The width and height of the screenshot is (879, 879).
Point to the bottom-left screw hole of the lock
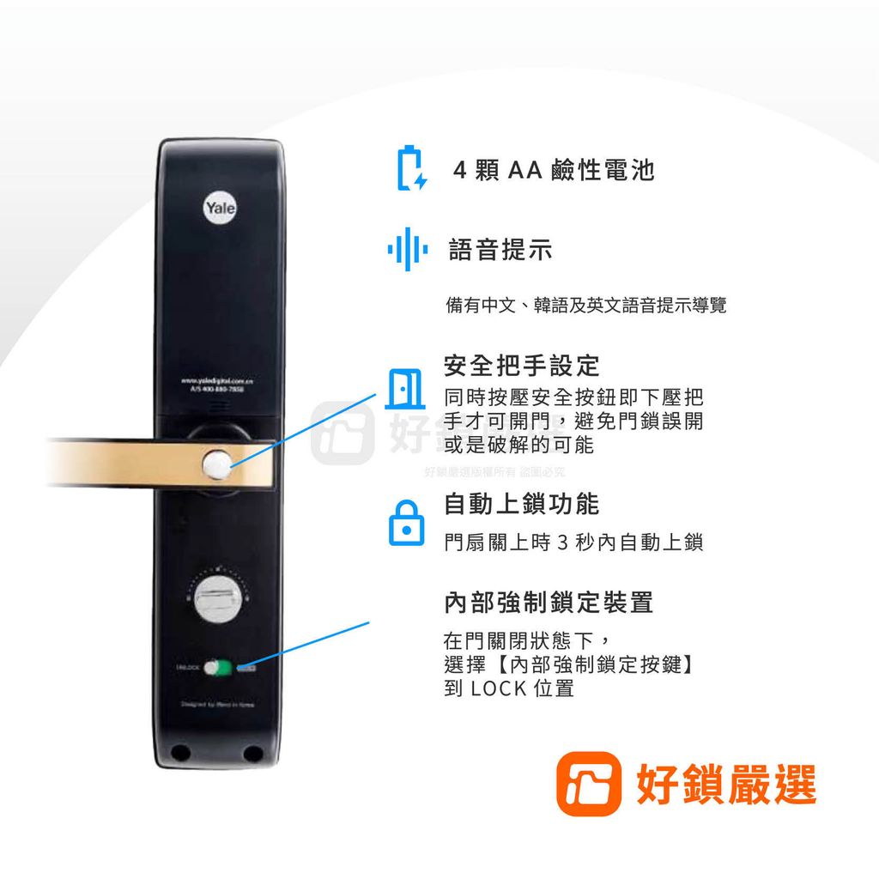(179, 753)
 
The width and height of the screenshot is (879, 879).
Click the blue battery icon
(410, 168)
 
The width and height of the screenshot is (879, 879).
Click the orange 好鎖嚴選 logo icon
(588, 783)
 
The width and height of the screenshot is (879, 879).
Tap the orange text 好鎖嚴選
(725, 784)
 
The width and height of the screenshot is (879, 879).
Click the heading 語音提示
(500, 251)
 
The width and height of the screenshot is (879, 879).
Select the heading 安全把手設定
(521, 366)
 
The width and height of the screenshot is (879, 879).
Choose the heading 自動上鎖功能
(521, 504)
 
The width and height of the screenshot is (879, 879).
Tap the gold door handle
(129, 464)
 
